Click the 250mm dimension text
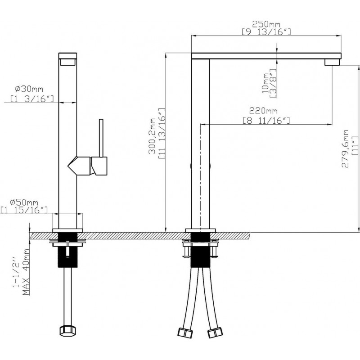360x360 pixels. [x=266, y=24]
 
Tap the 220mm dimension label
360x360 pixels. [x=263, y=111]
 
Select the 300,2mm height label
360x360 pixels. [x=152, y=136]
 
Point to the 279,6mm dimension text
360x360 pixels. [x=345, y=148]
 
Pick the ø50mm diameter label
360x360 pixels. [x=24, y=202]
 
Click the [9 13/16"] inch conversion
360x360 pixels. [x=266, y=32]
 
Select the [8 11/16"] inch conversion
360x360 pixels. [x=266, y=120]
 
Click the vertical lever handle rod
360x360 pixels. [x=101, y=138]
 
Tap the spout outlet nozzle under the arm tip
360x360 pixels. [x=332, y=62]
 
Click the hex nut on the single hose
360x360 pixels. [x=68, y=332]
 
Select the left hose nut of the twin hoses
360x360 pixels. [x=185, y=333]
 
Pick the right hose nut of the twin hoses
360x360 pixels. [x=215, y=333]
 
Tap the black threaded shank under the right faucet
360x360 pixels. [x=200, y=250]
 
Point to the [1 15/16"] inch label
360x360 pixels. [x=24, y=210]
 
